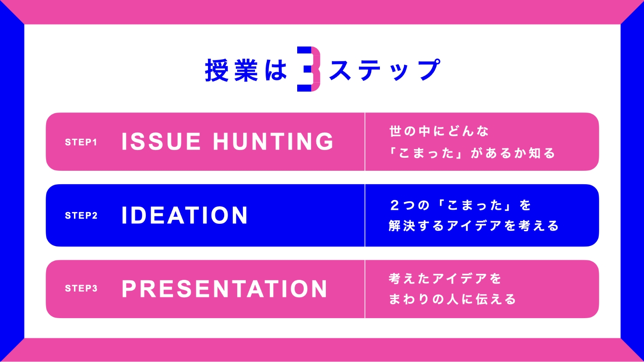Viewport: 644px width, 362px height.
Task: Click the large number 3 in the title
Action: pyautogui.click(x=309, y=69)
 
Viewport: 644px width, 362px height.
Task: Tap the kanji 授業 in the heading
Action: pyautogui.click(x=231, y=70)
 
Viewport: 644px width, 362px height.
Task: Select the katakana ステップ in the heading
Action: pyautogui.click(x=385, y=70)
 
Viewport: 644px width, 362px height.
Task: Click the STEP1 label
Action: pyautogui.click(x=81, y=142)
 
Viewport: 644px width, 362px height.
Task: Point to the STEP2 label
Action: pyautogui.click(x=81, y=215)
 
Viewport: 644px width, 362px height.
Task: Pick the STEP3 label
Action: pyautogui.click(x=81, y=288)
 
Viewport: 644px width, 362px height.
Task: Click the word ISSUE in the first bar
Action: pyautogui.click(x=161, y=141)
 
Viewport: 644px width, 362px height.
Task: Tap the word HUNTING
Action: pyautogui.click(x=273, y=141)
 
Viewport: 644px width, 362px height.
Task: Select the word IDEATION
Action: pyautogui.click(x=184, y=215)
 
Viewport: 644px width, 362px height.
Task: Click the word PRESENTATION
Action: pyautogui.click(x=225, y=289)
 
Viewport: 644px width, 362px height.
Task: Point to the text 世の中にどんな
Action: pyautogui.click(x=439, y=131)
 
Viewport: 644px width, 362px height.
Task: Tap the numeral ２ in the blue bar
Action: pyautogui.click(x=394, y=205)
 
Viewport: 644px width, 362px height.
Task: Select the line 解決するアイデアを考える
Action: pyautogui.click(x=473, y=226)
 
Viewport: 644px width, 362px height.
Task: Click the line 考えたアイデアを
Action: pyautogui.click(x=445, y=279)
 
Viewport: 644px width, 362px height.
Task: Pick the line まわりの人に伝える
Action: pyautogui.click(x=452, y=299)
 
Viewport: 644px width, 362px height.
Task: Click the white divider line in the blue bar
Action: pyautogui.click(x=365, y=215)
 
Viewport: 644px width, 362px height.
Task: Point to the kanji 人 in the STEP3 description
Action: pyautogui.click(x=453, y=299)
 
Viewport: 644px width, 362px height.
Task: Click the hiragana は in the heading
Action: pyautogui.click(x=276, y=70)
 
